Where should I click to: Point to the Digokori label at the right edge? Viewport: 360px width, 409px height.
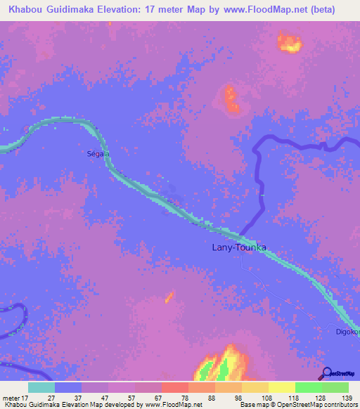coord(347,332)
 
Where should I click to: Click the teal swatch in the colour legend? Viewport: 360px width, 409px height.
coord(41,387)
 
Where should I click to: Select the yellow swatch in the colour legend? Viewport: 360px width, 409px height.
coord(281,387)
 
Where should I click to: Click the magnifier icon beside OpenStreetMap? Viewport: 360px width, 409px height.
coord(326,373)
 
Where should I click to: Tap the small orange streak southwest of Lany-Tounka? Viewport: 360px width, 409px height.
coord(169,297)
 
